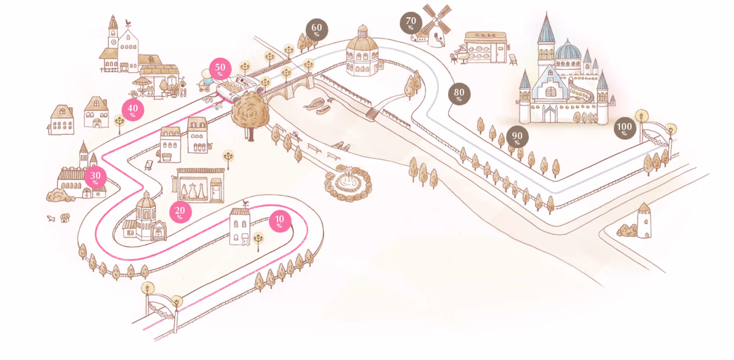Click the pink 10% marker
[280, 221]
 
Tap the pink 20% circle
[180, 212]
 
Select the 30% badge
[95, 177]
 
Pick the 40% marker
[133, 110]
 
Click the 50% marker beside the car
[220, 69]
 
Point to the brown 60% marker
[317, 30]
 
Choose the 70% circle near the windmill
[411, 23]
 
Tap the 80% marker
[459, 94]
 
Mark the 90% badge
[517, 137]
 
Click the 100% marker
[624, 128]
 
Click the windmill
[436, 27]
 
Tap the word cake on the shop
[485, 35]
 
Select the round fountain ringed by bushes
[348, 183]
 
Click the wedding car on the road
[239, 87]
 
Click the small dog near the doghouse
[51, 218]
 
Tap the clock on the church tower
[114, 42]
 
